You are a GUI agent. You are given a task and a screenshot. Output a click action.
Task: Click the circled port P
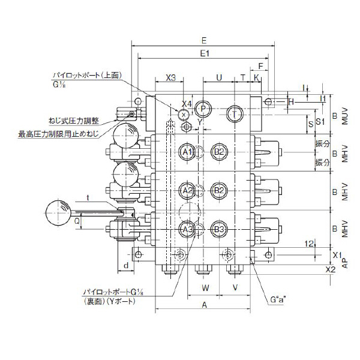point(203,109)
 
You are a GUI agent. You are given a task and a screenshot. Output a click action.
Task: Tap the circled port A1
point(187,151)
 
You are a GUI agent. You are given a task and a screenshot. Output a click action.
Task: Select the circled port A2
point(187,190)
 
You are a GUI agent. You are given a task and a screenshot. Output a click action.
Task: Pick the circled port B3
point(219,229)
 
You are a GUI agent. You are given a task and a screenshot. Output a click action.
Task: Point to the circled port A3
point(187,229)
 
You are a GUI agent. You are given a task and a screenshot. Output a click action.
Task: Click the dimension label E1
point(204,53)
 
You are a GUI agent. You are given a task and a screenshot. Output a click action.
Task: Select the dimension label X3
point(170,78)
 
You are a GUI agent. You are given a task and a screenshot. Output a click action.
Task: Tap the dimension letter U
point(218,78)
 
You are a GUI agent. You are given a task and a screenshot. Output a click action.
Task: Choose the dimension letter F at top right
point(260,65)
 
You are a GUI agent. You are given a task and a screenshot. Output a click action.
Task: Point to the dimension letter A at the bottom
point(204,305)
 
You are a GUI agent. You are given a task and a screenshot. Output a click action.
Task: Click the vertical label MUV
point(344,115)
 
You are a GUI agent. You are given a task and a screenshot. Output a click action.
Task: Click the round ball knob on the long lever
point(59,213)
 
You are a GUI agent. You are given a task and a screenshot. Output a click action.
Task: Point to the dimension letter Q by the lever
point(77,221)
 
